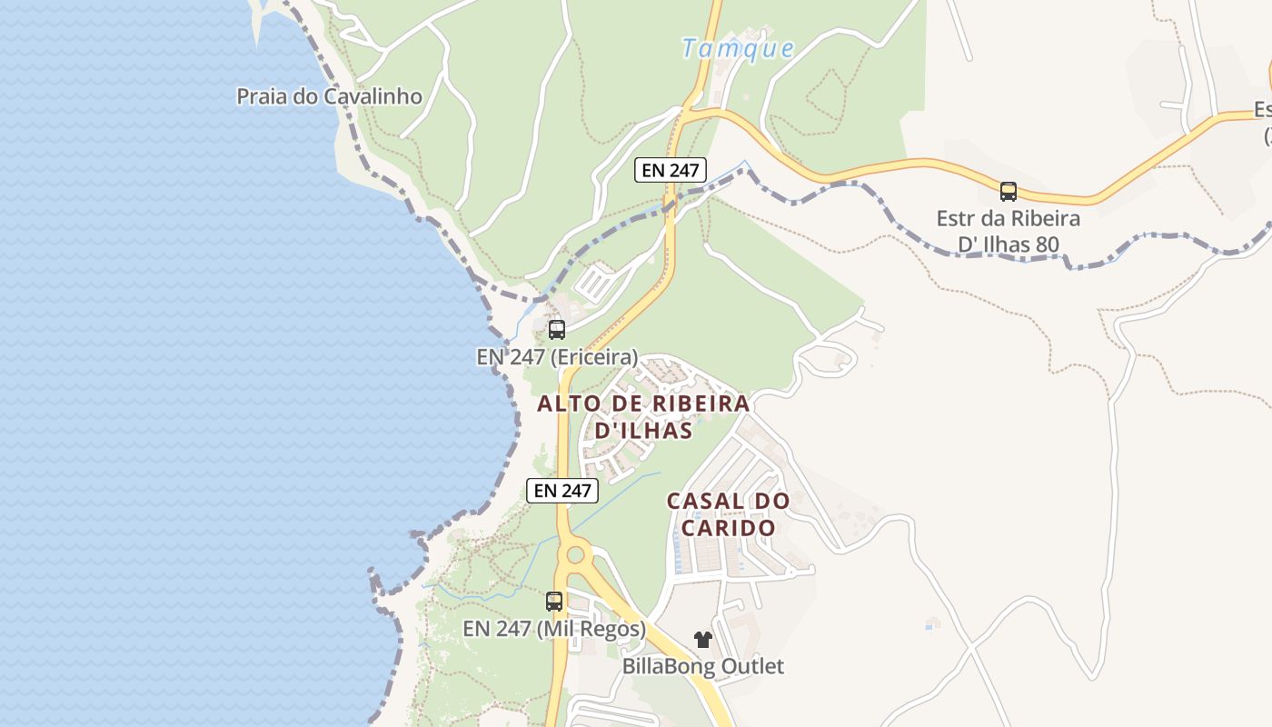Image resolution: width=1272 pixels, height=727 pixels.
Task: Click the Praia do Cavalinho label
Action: tap(329, 96)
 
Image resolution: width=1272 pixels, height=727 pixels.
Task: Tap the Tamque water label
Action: tap(738, 48)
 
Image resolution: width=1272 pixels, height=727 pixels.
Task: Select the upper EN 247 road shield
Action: tap(670, 169)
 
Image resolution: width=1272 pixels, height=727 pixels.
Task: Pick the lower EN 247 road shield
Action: tap(562, 490)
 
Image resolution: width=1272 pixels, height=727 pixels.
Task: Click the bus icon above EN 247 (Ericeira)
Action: tap(557, 330)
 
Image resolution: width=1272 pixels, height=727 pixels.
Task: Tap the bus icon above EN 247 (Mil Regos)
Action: tap(554, 601)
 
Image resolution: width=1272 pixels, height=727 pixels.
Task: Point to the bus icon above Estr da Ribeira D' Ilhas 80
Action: tap(1009, 192)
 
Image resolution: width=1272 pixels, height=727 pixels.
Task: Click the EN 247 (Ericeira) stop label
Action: tap(557, 357)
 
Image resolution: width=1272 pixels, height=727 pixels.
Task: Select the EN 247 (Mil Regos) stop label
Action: tap(554, 629)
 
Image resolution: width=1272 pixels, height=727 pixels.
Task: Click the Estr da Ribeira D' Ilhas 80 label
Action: tap(1009, 232)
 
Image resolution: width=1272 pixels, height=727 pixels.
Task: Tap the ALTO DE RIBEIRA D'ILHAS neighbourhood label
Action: tap(643, 416)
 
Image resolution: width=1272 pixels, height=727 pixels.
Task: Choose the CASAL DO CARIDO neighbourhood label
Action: tap(728, 513)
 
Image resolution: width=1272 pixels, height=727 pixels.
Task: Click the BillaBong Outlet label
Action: tap(702, 666)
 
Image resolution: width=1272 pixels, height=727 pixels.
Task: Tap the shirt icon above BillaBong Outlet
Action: tap(702, 640)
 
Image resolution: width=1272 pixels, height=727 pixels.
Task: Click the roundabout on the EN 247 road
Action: tap(574, 554)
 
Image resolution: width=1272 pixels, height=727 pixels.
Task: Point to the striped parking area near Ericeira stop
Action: tap(596, 281)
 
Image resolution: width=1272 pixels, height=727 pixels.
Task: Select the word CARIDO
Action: tap(728, 528)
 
